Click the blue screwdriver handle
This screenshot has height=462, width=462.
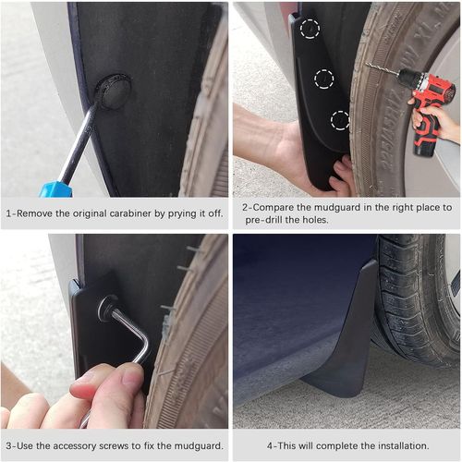(54, 188)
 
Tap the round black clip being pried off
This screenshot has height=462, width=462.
(112, 91)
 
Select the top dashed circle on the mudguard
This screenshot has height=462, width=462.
(310, 29)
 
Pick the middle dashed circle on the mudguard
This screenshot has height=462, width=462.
(323, 79)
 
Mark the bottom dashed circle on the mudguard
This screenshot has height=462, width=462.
(340, 119)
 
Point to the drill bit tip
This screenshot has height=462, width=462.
(369, 65)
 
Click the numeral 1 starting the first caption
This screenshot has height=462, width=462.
(8, 212)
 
